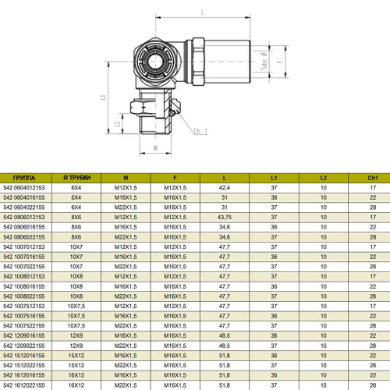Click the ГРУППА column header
tap(24, 178)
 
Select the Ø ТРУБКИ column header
tap(77, 178)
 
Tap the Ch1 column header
tap(373, 178)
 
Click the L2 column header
tap(324, 178)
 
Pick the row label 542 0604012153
tap(24, 188)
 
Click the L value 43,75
tap(225, 217)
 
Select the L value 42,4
tap(225, 188)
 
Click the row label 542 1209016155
tap(24, 335)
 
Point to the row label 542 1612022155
tap(24, 385)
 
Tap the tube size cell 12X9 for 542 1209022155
tap(76, 346)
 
